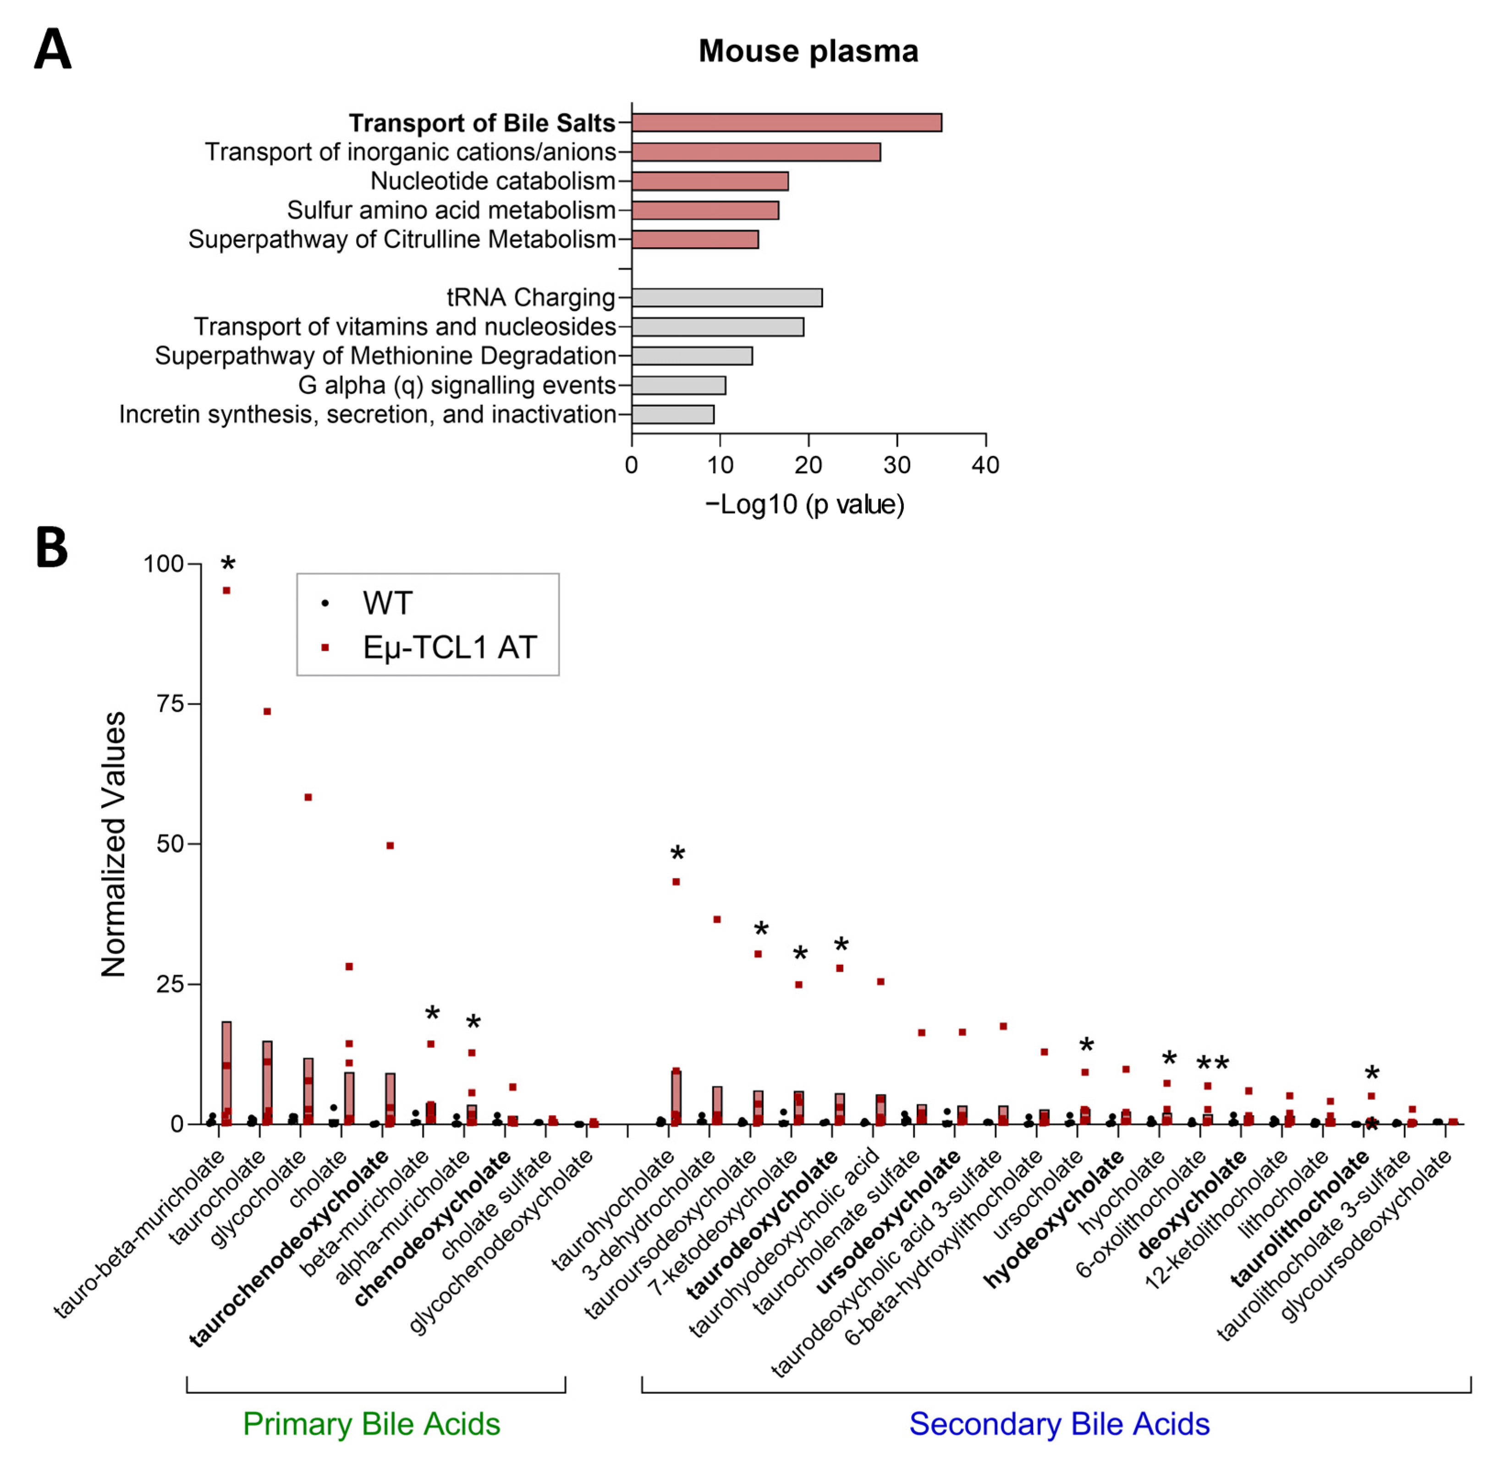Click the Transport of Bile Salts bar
786,122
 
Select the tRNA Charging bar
726,297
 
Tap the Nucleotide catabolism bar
710,181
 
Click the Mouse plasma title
808,51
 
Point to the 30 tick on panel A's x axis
897,464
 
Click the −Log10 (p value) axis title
804,504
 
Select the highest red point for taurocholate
267,712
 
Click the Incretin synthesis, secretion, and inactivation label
367,414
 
